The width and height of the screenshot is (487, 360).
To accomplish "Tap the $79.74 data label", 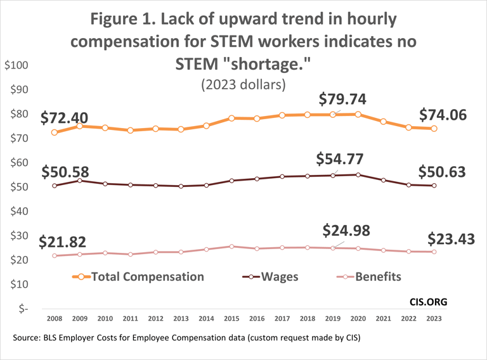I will pos(342,100).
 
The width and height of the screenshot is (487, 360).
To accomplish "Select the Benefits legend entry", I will pos(377,276).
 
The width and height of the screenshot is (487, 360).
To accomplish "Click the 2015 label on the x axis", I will pos(232,320).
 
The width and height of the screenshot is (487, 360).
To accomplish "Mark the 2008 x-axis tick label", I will pos(55,320).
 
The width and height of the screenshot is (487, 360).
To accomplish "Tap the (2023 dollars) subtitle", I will pos(243,84).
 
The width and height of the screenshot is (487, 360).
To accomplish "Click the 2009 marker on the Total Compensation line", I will pos(80,126).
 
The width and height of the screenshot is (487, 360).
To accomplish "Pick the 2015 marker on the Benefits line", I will pos(232,247).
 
